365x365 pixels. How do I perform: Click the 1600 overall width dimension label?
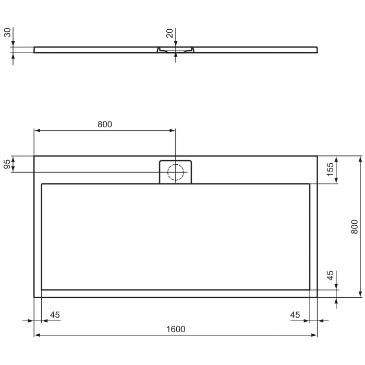click(x=176, y=329)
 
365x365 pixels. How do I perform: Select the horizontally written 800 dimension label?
click(x=105, y=124)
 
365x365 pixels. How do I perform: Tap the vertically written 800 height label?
click(x=354, y=226)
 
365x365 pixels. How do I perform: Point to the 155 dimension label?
click(x=330, y=170)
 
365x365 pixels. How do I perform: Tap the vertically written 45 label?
click(x=330, y=276)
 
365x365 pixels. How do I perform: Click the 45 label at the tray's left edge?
click(x=55, y=314)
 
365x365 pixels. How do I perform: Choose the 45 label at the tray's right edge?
click(x=295, y=314)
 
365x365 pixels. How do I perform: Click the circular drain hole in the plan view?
click(x=176, y=172)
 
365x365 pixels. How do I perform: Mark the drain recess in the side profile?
click(x=176, y=51)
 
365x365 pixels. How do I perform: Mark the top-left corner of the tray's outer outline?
click(x=34, y=156)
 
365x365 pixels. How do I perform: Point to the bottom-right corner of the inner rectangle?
click(x=310, y=289)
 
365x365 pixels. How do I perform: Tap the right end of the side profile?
click(x=317, y=50)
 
